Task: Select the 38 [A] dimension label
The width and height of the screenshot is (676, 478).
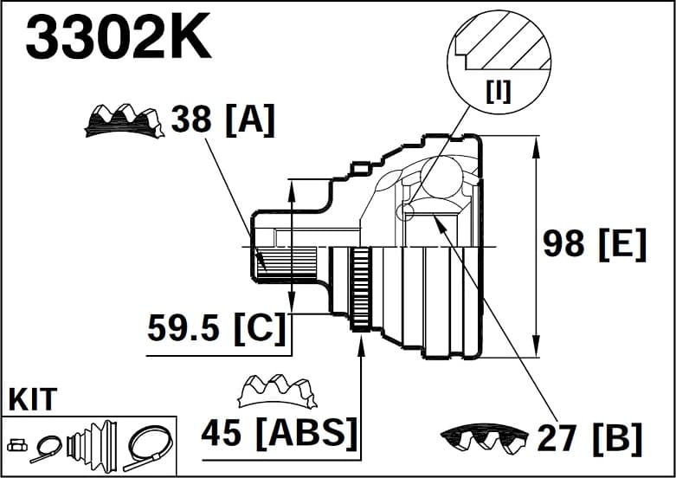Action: (222, 119)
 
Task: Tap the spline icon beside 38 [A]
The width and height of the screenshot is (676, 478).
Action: (124, 121)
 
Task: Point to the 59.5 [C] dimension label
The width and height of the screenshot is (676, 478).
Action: (216, 327)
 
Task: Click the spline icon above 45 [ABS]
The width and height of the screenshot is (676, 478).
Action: (277, 391)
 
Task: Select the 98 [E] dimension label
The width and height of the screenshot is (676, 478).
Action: (595, 244)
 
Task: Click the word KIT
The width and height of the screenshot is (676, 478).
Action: (33, 400)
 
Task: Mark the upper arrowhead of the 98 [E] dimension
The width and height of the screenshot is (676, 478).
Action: (537, 144)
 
